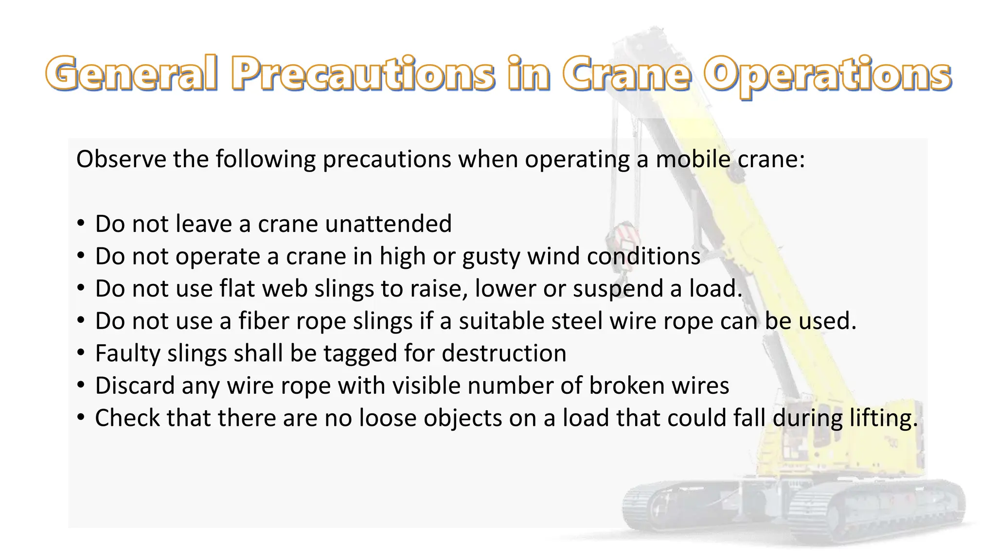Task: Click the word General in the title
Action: click(x=131, y=74)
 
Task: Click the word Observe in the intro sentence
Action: click(x=121, y=159)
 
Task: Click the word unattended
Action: click(x=389, y=224)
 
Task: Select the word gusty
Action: click(x=491, y=257)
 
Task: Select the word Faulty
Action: click(x=127, y=354)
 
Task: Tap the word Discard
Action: click(x=135, y=386)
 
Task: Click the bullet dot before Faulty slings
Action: click(x=81, y=353)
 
